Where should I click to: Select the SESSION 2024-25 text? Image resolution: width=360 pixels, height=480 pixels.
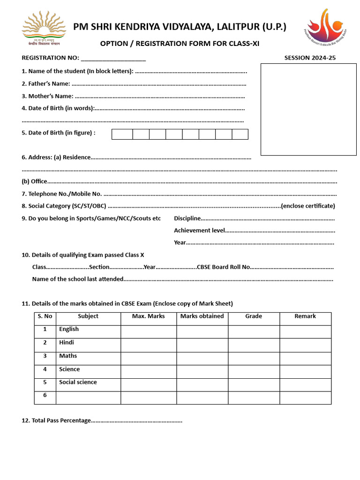click(310, 58)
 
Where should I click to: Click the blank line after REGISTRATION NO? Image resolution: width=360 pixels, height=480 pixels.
click(113, 59)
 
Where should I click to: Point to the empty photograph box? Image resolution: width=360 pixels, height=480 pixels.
click(308, 109)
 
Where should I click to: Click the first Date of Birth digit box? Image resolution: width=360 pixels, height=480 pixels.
click(122, 134)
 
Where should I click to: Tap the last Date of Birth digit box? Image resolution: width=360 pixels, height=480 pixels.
click(240, 134)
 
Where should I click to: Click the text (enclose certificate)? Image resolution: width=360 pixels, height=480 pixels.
click(308, 206)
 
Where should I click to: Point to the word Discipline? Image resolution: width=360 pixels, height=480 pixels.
click(187, 218)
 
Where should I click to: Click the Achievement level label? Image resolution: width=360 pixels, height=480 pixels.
click(199, 231)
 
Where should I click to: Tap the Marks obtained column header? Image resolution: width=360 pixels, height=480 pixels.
click(202, 316)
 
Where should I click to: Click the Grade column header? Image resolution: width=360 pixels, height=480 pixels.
click(254, 316)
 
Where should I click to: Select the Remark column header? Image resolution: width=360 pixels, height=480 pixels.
click(305, 316)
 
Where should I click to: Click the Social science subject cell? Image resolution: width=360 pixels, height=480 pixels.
click(78, 382)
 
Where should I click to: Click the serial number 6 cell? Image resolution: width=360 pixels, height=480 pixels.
click(45, 396)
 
